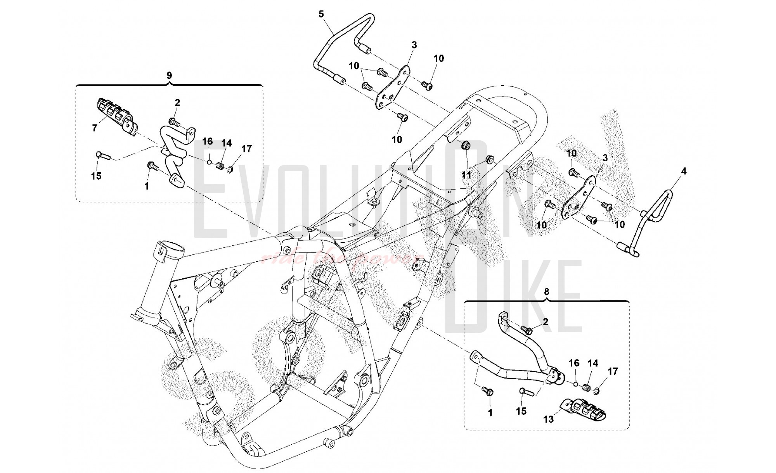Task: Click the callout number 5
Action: pos(321,14)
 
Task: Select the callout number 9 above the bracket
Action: pos(169,76)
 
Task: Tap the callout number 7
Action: pos(95,128)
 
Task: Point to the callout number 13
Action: pos(548,419)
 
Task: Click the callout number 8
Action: pos(546,292)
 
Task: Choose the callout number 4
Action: pos(684,171)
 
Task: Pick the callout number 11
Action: pos(466,175)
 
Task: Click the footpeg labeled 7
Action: pos(114,112)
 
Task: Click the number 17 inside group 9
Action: pos(246,149)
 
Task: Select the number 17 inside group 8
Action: pos(612,371)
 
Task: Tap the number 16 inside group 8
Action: pos(574,363)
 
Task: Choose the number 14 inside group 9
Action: pos(227,143)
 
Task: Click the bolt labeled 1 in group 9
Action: pos(152,166)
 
